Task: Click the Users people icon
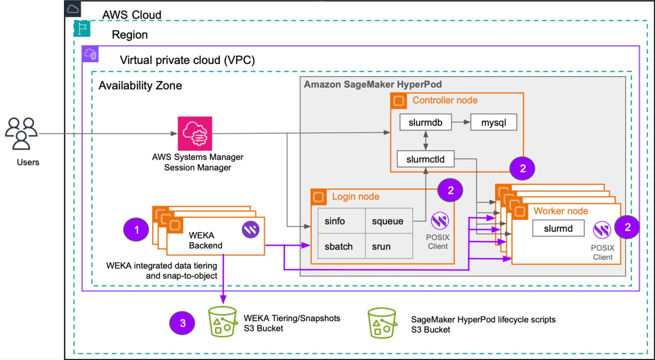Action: tap(21, 134)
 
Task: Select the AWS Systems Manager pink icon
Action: tap(195, 134)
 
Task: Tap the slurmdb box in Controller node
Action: tap(425, 122)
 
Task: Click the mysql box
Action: tap(494, 122)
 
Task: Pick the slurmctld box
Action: tap(425, 159)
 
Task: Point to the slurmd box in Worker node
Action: tap(558, 228)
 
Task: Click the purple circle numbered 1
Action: tap(136, 230)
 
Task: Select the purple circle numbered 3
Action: tap(182, 323)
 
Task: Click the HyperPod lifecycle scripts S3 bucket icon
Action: tap(382, 323)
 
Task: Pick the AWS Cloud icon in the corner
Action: tap(73, 9)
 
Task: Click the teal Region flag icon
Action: tap(82, 28)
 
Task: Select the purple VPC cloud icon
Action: tap(90, 54)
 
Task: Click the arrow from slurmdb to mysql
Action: tap(461, 122)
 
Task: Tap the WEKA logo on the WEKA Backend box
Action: tap(250, 229)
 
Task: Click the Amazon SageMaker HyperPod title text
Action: tap(373, 84)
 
